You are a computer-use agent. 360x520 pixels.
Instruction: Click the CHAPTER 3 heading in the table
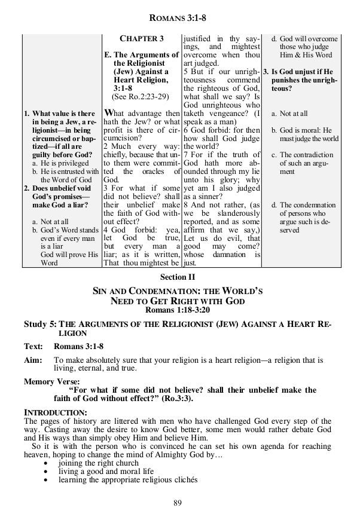click(x=142, y=39)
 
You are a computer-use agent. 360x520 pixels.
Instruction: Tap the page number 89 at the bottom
click(x=178, y=501)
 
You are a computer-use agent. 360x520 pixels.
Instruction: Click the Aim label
click(x=33, y=360)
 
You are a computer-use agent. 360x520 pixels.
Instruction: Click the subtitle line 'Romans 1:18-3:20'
click(x=178, y=310)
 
